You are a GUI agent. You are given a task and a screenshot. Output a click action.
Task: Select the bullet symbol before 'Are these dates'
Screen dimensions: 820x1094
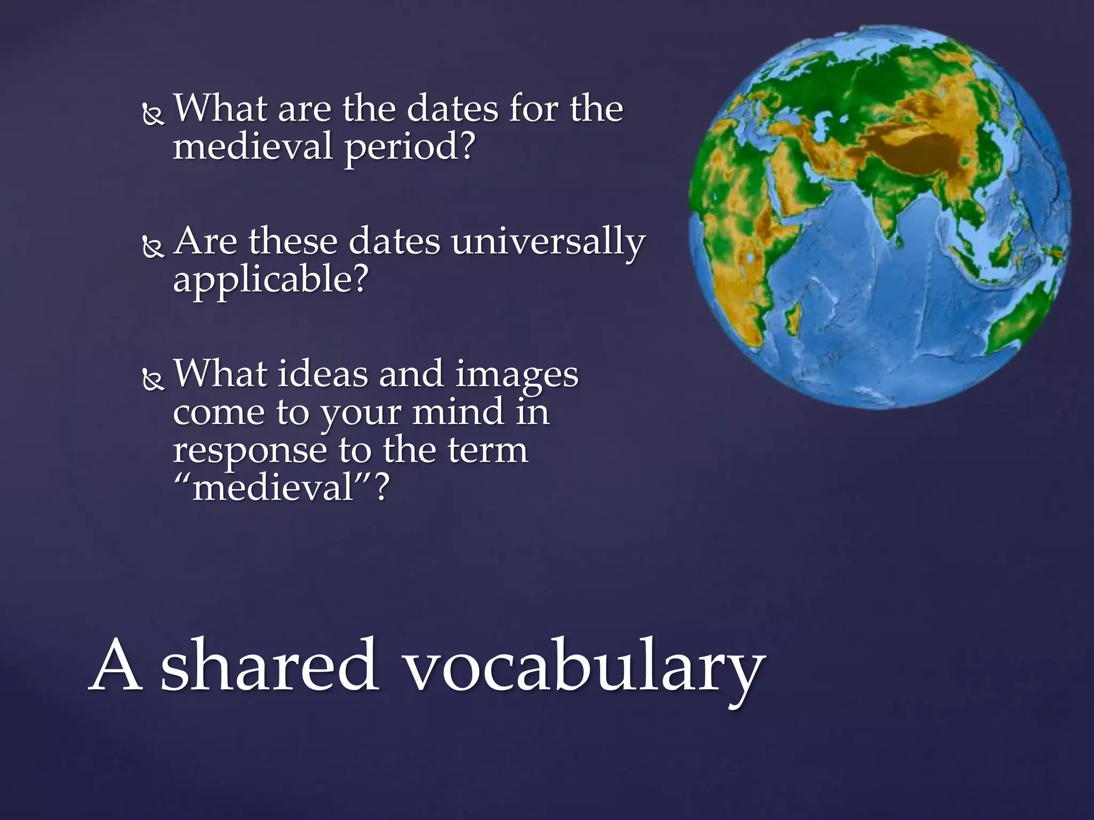(x=153, y=247)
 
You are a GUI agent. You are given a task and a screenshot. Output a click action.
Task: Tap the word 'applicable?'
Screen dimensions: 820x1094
(x=271, y=281)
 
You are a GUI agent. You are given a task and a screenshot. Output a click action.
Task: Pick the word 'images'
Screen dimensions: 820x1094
(x=517, y=375)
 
